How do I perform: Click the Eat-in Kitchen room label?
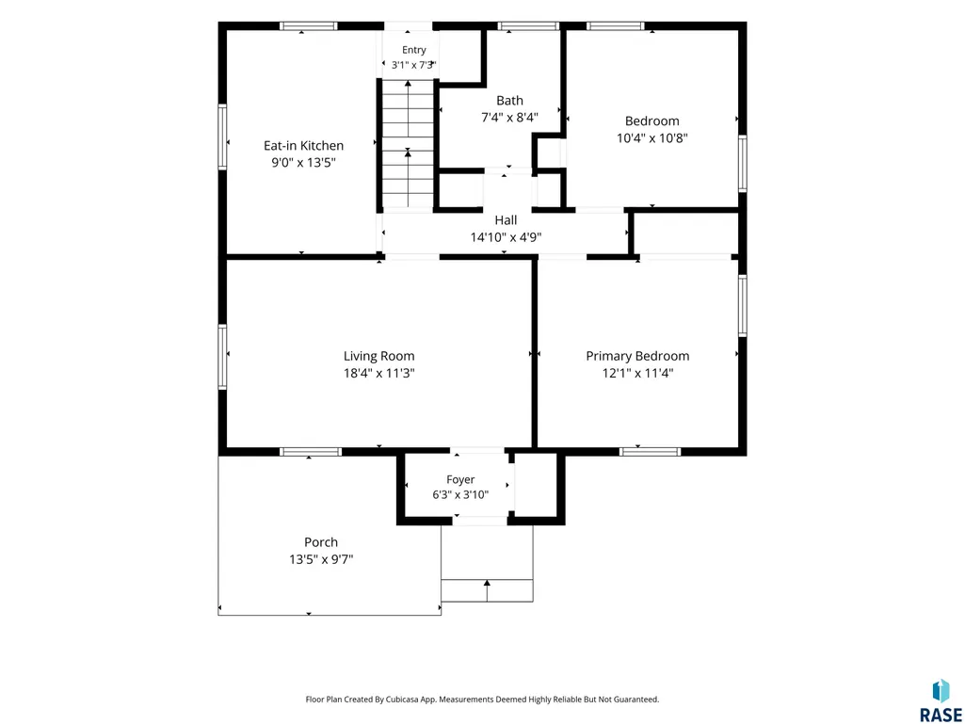(x=303, y=146)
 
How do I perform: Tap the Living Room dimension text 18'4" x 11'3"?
(x=379, y=373)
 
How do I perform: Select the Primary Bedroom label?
(x=637, y=356)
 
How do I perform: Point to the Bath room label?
(x=509, y=101)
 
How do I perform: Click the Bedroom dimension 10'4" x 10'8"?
(x=651, y=137)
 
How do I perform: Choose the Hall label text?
(x=506, y=220)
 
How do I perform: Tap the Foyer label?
(x=460, y=479)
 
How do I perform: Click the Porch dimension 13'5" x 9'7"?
(x=321, y=559)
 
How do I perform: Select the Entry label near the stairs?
(x=414, y=51)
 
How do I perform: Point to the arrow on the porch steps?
(x=487, y=589)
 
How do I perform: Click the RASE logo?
(x=941, y=701)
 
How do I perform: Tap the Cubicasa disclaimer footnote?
(x=482, y=700)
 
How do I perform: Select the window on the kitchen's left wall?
(x=223, y=137)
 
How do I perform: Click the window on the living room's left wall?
(x=223, y=357)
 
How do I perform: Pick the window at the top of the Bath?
(x=528, y=25)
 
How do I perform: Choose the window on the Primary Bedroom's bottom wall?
(x=651, y=451)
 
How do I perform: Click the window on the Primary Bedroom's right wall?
(x=743, y=305)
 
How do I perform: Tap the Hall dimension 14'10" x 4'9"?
(x=506, y=237)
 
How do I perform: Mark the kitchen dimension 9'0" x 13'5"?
(x=303, y=163)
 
